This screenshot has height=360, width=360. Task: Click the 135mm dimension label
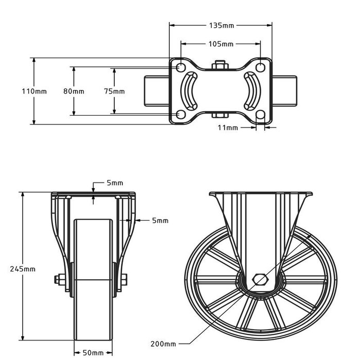(221, 25)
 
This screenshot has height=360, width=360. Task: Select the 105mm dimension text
(221, 44)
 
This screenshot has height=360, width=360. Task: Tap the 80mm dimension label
(74, 91)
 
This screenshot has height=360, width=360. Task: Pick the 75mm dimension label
(114, 91)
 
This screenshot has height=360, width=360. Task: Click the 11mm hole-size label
(228, 127)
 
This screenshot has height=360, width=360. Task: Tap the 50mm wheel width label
(93, 353)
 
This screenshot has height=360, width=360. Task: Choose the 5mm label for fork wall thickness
(160, 221)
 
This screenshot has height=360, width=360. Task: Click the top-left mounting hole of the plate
(181, 67)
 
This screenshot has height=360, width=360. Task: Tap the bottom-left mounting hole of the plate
(181, 114)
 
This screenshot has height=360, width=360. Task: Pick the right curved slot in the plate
(252, 91)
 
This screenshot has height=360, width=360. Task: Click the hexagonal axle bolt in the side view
(261, 280)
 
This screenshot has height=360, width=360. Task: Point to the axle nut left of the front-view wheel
(58, 280)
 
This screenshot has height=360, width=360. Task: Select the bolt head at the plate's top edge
(220, 65)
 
